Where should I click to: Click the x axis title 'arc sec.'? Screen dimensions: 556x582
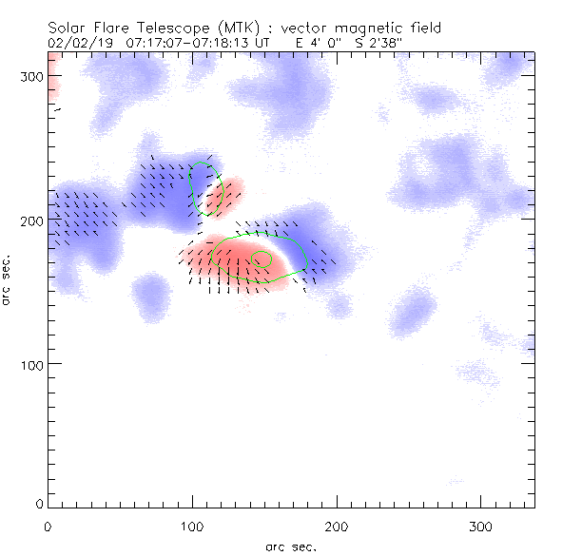coord(290,546)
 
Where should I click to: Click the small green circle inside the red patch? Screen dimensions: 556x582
coord(262,258)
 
